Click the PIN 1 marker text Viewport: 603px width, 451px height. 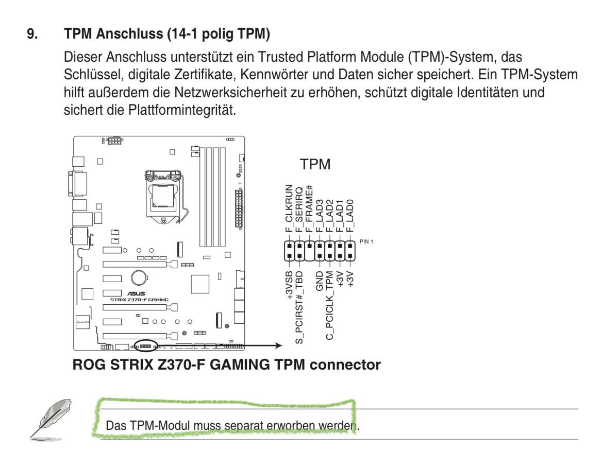[x=365, y=242]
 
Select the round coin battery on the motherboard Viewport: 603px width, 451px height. [x=140, y=279]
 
